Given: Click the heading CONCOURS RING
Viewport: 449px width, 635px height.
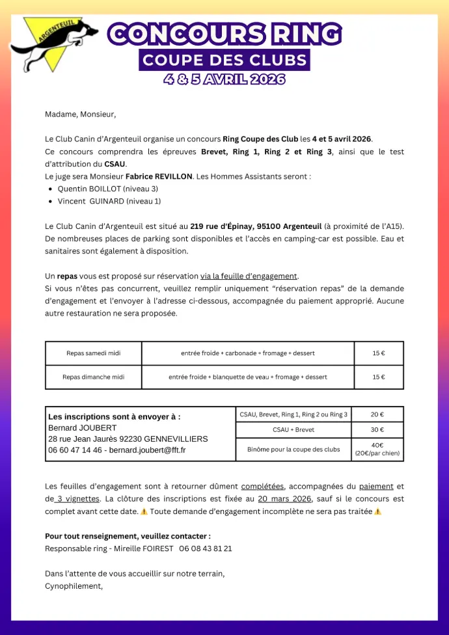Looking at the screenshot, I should (224, 34).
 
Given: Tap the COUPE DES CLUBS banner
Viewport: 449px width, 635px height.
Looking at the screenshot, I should (224, 61).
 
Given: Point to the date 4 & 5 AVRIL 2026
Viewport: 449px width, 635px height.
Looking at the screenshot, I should (224, 79).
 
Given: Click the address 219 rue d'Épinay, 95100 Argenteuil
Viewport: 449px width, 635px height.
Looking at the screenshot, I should (256, 226).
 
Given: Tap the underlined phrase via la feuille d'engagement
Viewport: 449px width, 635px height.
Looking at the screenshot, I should (249, 276).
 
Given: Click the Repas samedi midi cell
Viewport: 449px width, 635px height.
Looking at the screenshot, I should (94, 353).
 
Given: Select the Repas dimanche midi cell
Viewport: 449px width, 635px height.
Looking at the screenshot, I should (94, 377).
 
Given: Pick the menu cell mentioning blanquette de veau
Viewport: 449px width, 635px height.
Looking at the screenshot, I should (248, 377).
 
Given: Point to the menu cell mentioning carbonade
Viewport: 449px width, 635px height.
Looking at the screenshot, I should (248, 353).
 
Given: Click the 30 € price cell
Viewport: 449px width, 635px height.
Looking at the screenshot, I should (377, 429).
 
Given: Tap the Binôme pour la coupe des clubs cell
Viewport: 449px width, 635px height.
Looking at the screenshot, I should (293, 449).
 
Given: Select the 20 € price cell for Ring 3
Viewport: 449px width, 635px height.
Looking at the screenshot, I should (377, 414).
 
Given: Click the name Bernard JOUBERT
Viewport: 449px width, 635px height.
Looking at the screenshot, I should (83, 428).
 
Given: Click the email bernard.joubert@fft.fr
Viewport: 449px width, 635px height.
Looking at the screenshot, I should (147, 450).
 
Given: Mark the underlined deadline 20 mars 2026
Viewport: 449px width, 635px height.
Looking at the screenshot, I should (285, 499).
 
